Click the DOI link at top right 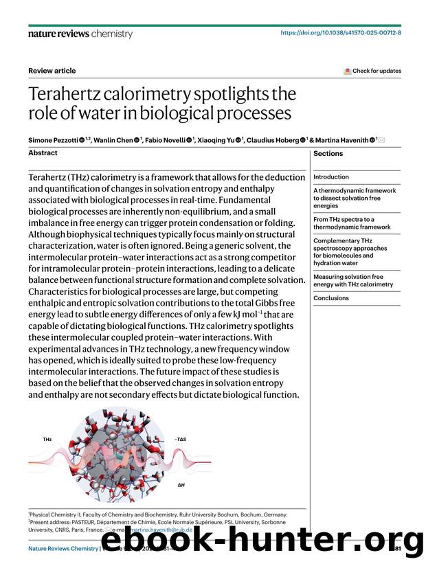(x=341, y=32)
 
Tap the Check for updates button (x=372, y=71)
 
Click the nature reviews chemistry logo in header (x=76, y=33)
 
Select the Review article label (x=52, y=71)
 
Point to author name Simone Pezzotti (x=53, y=140)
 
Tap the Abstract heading (x=43, y=153)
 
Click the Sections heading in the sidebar (x=328, y=154)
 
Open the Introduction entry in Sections (x=331, y=177)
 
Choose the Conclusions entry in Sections (x=331, y=298)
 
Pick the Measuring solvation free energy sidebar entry (x=353, y=280)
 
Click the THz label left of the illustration (x=47, y=439)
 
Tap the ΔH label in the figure (x=181, y=484)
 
